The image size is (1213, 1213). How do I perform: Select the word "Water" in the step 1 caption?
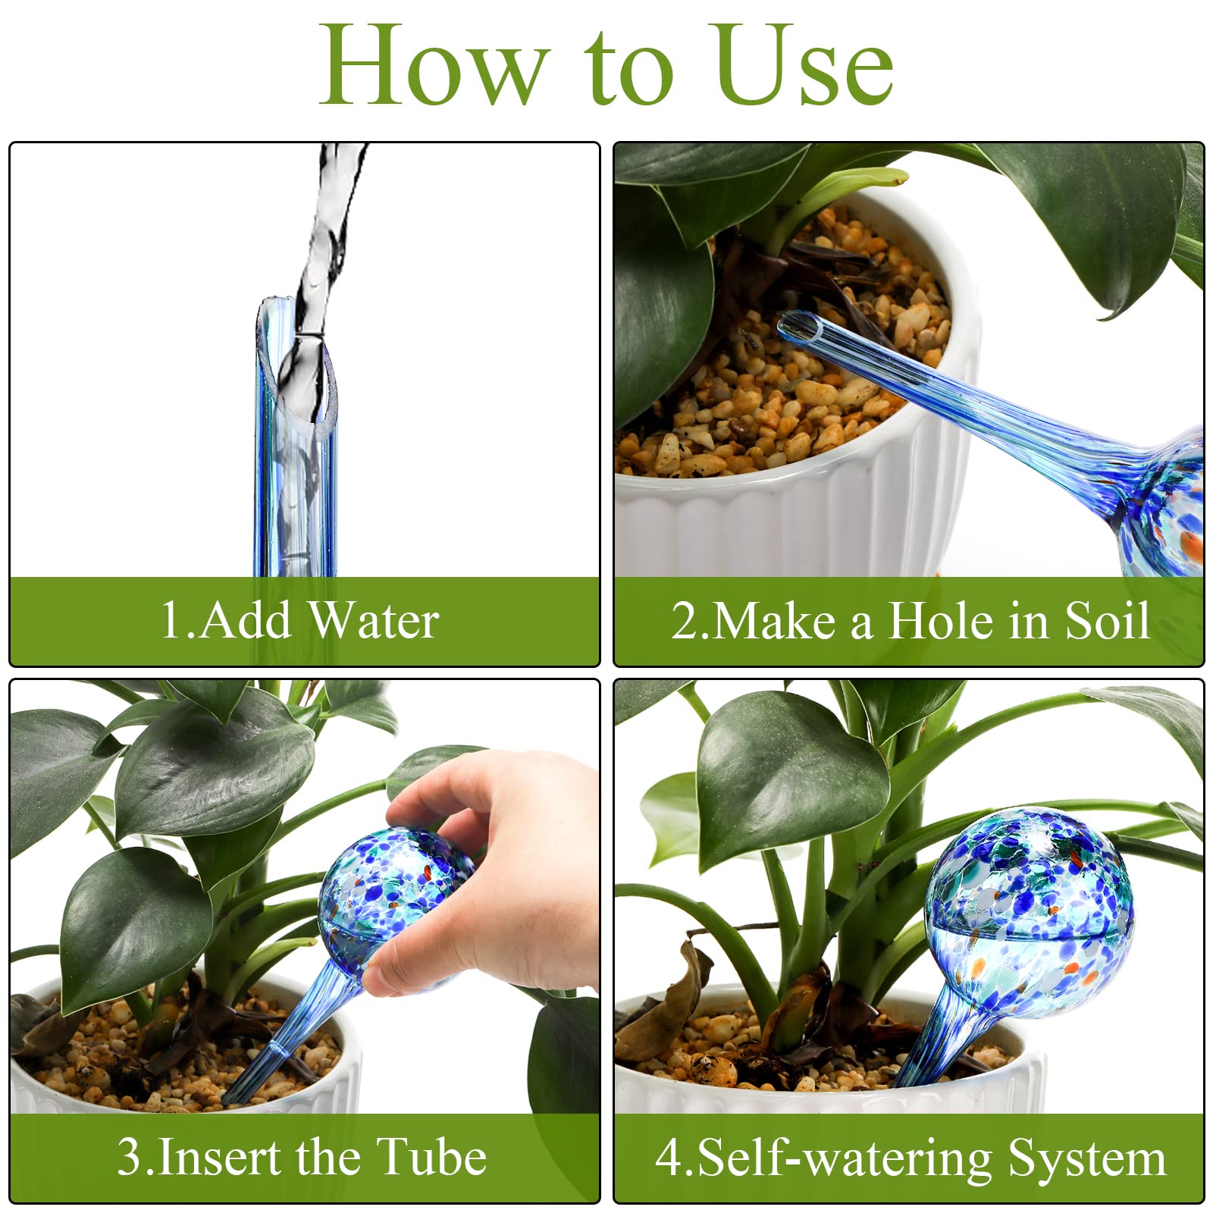click(x=375, y=620)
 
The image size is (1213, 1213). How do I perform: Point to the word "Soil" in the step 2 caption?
click(x=1108, y=621)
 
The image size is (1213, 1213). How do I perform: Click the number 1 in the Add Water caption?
click(x=171, y=620)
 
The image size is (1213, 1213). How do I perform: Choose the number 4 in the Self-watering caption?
click(x=668, y=1158)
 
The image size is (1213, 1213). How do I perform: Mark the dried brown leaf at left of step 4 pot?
click(x=667, y=1001)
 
